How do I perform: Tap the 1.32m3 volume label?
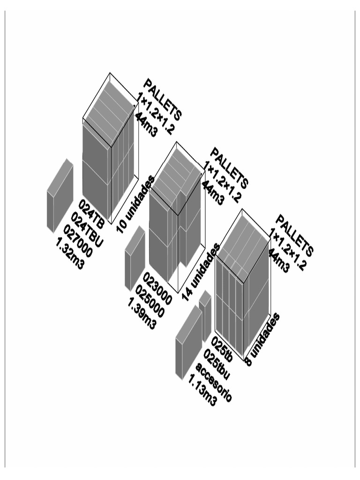70,253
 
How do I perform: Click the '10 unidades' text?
135,204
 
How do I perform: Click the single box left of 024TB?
60,195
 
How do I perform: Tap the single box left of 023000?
135,258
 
